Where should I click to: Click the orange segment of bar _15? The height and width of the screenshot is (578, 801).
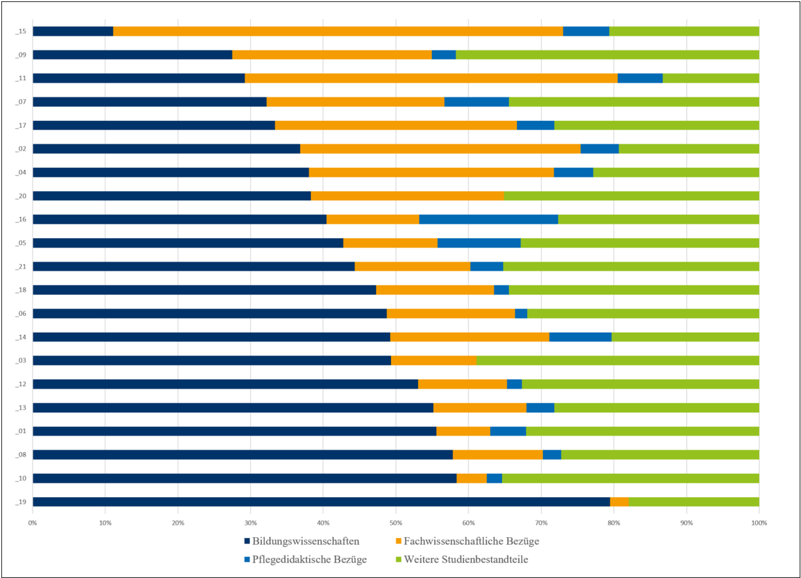click(338, 31)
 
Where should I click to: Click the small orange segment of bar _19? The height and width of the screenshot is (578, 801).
click(619, 502)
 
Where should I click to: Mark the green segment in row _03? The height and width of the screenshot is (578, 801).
click(617, 360)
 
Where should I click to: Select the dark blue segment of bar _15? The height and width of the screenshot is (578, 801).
click(73, 31)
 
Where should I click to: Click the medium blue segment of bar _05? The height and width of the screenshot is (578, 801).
click(479, 243)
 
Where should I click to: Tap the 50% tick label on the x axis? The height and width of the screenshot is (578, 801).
click(395, 522)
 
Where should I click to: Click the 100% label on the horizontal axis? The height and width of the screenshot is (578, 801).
click(758, 522)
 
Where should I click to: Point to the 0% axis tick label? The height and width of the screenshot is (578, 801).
click(33, 522)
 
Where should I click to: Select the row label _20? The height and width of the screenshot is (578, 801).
click(20, 196)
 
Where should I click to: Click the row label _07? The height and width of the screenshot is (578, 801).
click(20, 102)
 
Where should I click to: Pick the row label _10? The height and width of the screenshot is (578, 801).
click(20, 478)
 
